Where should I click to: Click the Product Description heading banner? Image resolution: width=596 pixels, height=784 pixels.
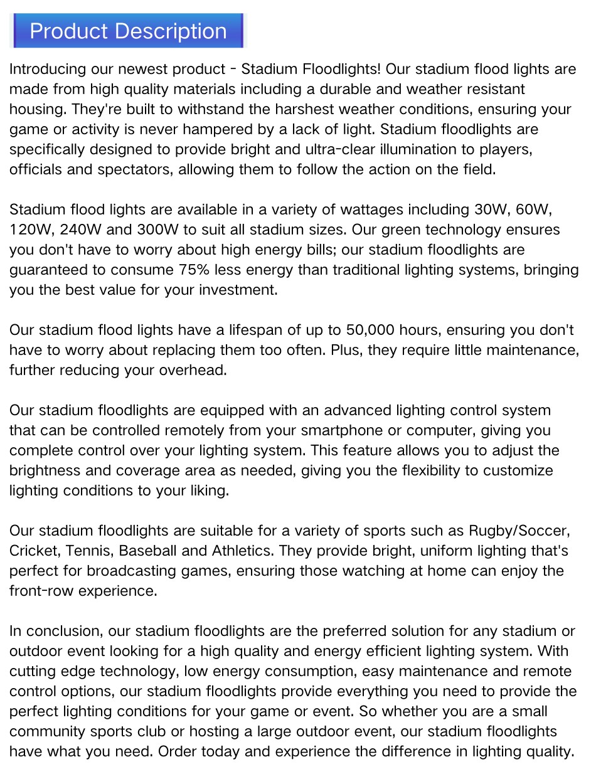(x=128, y=31)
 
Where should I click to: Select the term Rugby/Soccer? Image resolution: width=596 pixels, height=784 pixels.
(x=519, y=531)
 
